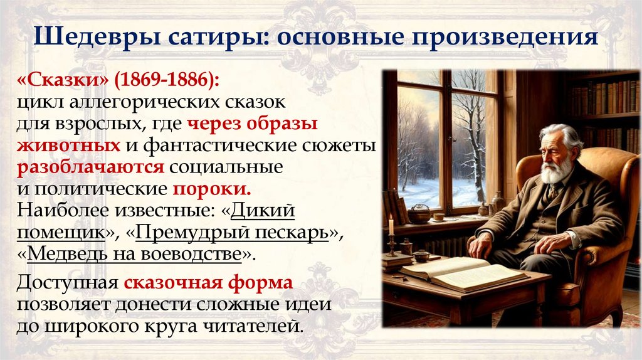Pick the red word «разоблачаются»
(x=90, y=167)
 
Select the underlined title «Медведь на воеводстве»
(x=134, y=254)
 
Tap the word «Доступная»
(x=68, y=283)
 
